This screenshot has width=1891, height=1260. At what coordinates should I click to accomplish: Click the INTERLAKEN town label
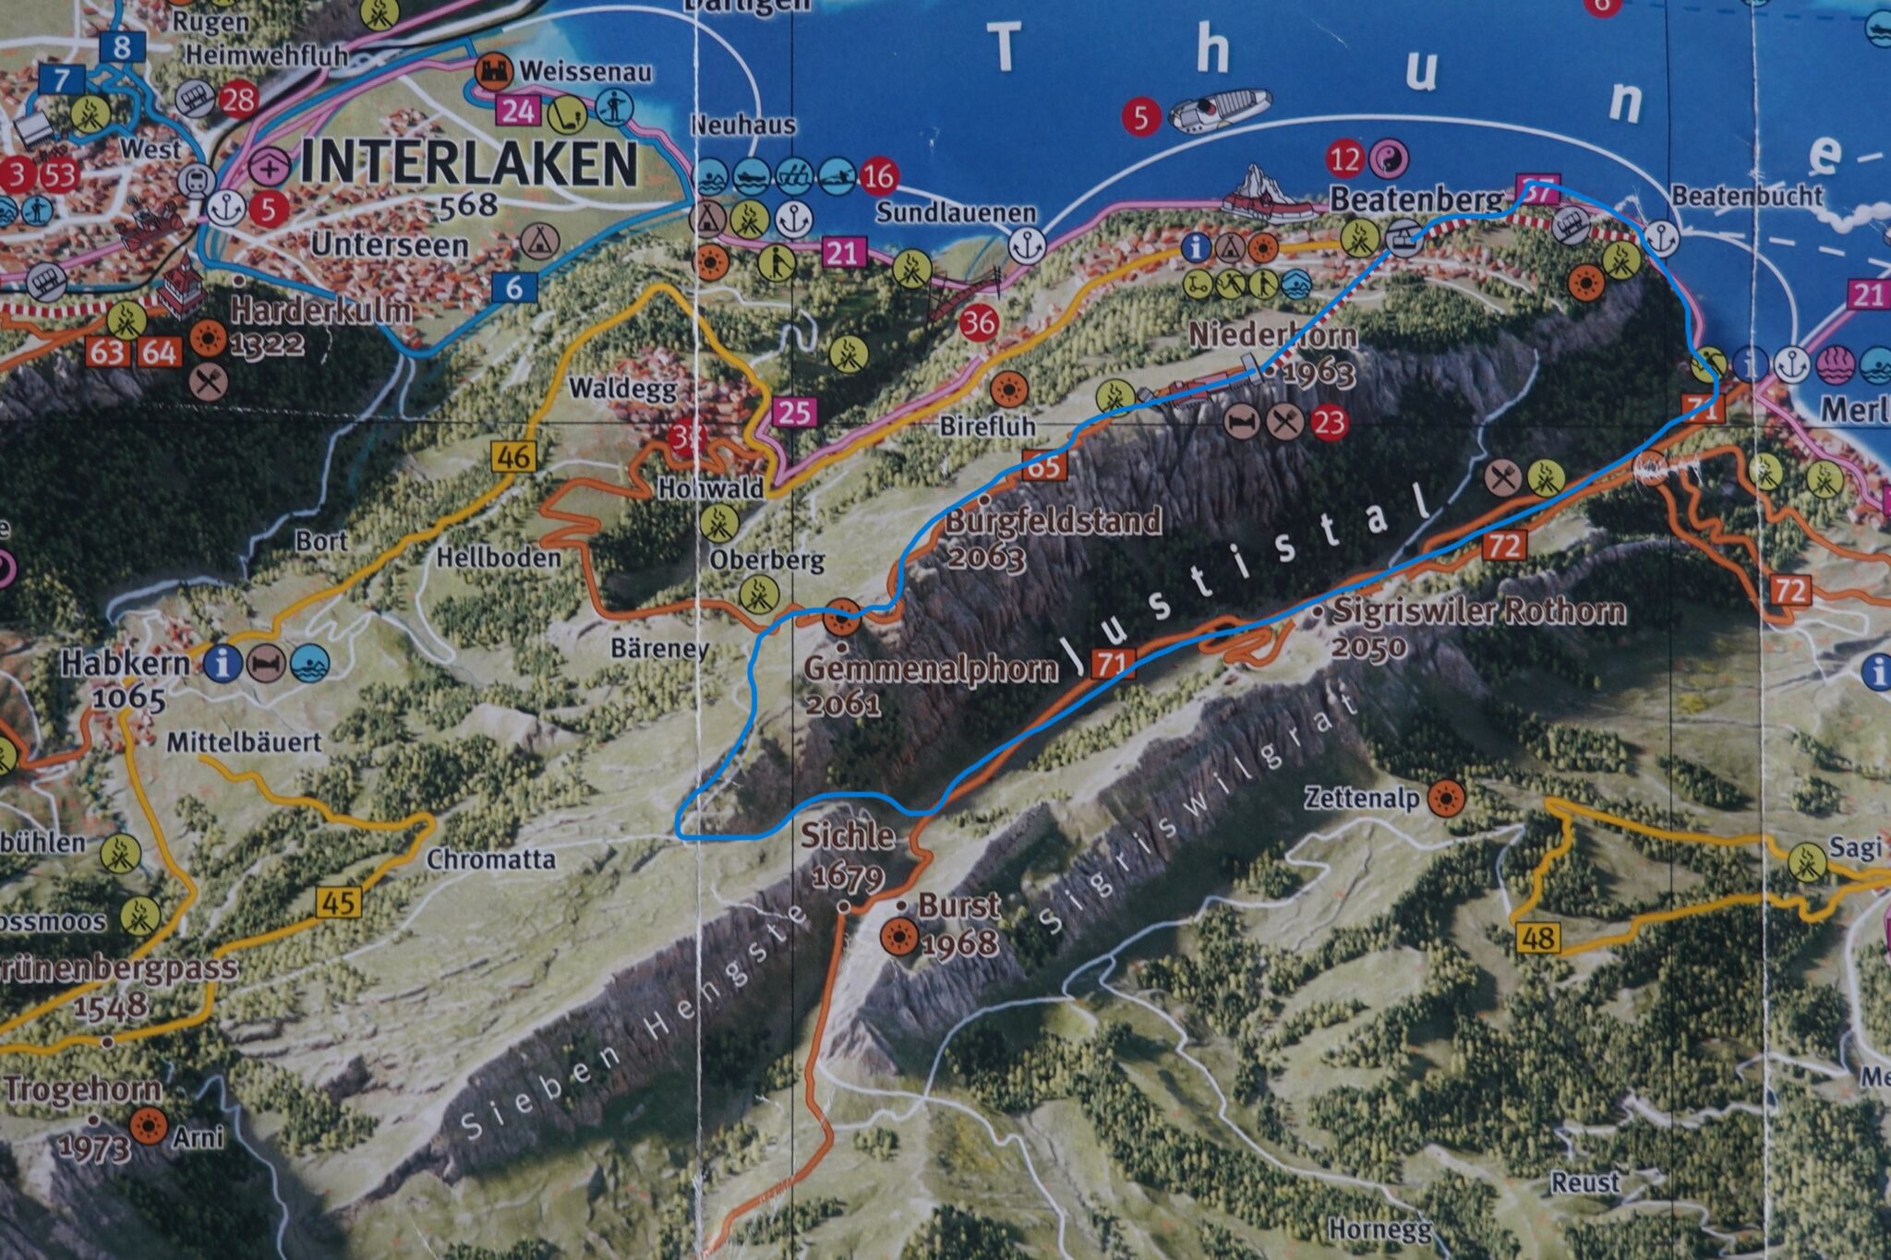click(x=468, y=165)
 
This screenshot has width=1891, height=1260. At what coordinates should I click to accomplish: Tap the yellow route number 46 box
click(x=513, y=455)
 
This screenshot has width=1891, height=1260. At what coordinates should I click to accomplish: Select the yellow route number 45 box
click(x=339, y=901)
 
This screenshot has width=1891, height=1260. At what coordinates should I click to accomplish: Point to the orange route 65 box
click(x=1044, y=465)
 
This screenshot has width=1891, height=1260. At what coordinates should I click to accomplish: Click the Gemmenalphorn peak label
click(x=931, y=668)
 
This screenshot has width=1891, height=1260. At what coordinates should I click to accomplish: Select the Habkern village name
click(x=126, y=663)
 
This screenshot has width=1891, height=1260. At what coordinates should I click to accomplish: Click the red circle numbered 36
click(x=979, y=322)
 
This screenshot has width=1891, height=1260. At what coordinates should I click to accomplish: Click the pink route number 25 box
click(x=794, y=411)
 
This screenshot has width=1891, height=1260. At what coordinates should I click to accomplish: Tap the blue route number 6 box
click(x=513, y=287)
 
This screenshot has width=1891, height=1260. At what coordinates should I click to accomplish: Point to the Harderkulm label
click(x=320, y=310)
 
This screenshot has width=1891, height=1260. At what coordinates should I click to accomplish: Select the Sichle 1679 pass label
click(x=847, y=836)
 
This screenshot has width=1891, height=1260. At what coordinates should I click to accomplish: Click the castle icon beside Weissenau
click(x=493, y=70)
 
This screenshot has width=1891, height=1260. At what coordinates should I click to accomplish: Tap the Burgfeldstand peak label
click(x=1053, y=522)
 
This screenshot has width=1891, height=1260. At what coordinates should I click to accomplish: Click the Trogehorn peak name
click(x=83, y=1089)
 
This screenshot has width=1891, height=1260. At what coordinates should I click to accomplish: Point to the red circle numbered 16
click(x=879, y=175)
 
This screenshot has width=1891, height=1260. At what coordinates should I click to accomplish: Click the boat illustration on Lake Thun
click(x=1219, y=110)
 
